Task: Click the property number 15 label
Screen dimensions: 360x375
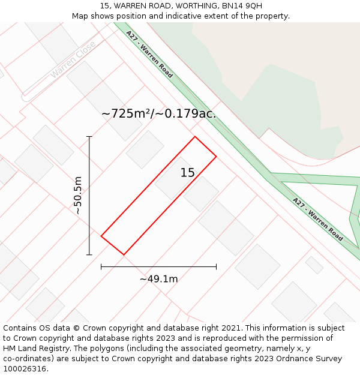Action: coord(188,173)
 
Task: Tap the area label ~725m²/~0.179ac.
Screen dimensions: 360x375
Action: coord(158,113)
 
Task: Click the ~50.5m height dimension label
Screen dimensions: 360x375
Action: coord(78,196)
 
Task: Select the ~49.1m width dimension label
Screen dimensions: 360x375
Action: coord(159,279)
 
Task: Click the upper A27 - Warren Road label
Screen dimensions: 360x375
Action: coord(150,55)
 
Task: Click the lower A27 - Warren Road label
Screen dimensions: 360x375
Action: coord(318,219)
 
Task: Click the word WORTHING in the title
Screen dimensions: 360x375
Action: coord(194,5)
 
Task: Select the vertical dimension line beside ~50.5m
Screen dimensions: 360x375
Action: coord(89,196)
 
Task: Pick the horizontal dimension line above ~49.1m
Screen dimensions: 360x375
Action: coord(158,266)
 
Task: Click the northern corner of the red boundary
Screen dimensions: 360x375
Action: coord(194,137)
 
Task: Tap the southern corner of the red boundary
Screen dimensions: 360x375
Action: coord(124,255)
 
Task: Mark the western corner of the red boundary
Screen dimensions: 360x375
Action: coord(101,236)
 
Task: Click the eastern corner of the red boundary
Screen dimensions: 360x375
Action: coord(216,157)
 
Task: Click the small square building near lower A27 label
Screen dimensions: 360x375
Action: coord(314,265)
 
